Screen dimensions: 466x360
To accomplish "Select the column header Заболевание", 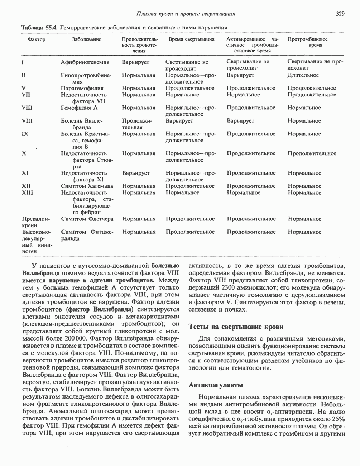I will click(86, 39).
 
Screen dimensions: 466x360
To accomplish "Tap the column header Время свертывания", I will click(191, 39).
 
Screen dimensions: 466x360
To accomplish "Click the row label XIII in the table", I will click(28, 192).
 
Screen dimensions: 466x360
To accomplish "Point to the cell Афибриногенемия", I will click(85, 62).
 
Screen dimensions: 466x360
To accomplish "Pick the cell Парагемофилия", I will click(82, 88).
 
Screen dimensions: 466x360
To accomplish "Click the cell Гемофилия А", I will click(79, 108).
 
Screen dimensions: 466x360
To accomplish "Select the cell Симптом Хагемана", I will click(87, 186).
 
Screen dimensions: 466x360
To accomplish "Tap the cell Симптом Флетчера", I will click(87, 219).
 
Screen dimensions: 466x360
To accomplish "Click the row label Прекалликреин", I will click(36, 222).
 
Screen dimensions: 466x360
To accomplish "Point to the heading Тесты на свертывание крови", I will click(236, 327).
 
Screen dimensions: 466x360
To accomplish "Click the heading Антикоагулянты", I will click(216, 385).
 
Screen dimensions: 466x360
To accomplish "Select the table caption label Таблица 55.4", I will click(39, 27).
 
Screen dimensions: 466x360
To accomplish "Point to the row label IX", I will click(25, 134).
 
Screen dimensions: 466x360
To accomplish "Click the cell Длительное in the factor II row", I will click(303, 75).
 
